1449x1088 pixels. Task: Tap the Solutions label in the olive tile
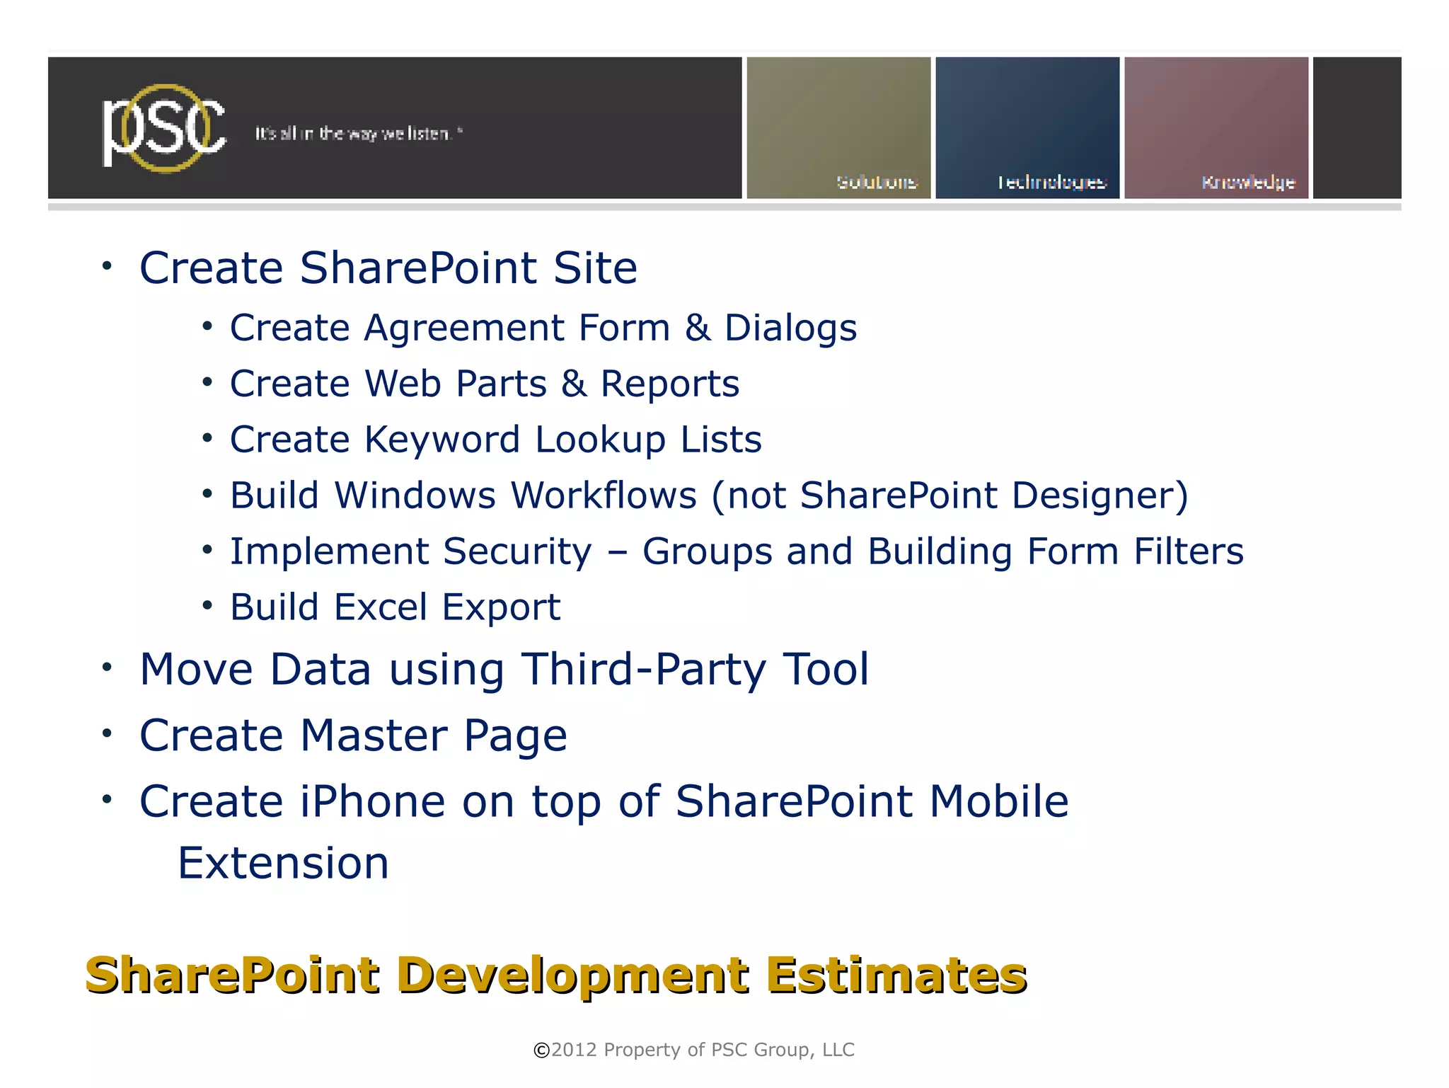(x=877, y=183)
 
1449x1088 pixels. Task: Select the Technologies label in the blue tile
(x=1051, y=183)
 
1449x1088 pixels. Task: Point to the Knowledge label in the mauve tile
(x=1248, y=183)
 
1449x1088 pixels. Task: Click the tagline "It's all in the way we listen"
(x=358, y=134)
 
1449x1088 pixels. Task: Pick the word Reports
(x=669, y=384)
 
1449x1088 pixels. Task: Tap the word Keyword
(x=442, y=440)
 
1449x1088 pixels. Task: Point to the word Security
(x=517, y=551)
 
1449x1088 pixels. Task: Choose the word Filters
(x=1188, y=551)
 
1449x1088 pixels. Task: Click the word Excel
(x=381, y=607)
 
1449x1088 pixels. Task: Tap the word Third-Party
(x=644, y=669)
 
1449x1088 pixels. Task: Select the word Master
(x=374, y=735)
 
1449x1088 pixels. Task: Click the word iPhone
(x=372, y=801)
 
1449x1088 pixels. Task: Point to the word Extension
(x=283, y=864)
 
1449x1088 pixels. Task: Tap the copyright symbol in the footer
(x=541, y=1050)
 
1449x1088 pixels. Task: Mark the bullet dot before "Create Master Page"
(x=107, y=733)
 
